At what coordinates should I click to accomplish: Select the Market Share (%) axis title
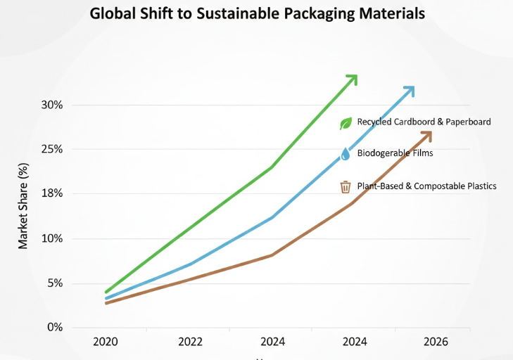coord(23,206)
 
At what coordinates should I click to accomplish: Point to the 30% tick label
coord(51,105)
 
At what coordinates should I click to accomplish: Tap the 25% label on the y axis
coord(51,149)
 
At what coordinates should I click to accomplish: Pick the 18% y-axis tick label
coord(51,193)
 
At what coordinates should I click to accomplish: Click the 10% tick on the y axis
coord(51,238)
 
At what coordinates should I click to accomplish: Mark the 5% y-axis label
coord(54,283)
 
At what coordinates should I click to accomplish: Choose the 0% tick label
coord(54,328)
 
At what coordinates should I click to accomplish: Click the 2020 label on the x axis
coord(106,342)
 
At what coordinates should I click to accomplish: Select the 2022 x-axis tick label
coord(190,342)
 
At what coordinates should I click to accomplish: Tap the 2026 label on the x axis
coord(436,342)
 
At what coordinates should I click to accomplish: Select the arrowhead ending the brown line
coord(426,135)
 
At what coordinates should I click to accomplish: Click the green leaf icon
coord(346,124)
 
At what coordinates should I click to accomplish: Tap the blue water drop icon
coord(346,154)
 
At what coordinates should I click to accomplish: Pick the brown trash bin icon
coord(346,187)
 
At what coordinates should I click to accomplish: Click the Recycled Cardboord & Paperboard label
coord(424,122)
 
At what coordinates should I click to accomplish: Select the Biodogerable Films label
coord(395,153)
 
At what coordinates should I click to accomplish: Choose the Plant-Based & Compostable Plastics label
coord(426,186)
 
